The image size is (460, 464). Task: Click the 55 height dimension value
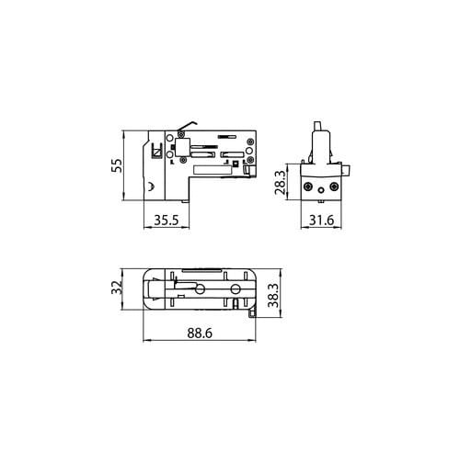pos(117,165)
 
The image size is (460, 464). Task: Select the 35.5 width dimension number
pos(167,220)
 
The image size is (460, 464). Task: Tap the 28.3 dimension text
pos(280,183)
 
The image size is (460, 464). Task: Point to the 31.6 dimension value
pos(321,220)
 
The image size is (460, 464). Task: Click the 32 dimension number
pos(117,288)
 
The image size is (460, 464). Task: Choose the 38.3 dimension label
pos(273,295)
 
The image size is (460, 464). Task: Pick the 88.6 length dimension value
pos(200,333)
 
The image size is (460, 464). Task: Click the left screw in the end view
pos(307,187)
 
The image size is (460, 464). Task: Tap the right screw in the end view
pos(334,187)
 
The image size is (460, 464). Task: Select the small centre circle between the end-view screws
pos(321,190)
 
